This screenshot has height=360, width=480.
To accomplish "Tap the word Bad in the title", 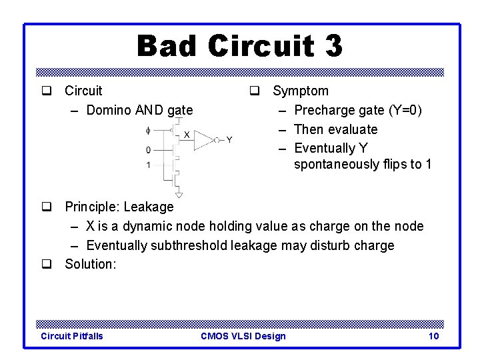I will (166, 46).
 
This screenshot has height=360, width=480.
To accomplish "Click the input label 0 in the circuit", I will (148, 149).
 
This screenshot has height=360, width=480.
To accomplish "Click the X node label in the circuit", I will (187, 134).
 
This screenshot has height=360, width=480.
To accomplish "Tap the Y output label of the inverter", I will (229, 139).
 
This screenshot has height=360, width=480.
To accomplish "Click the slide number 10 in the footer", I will (433, 336).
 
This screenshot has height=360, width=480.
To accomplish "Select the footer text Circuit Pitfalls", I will (72, 336).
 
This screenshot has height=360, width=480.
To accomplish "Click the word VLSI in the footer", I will (243, 336).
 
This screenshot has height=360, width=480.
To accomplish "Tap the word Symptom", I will (301, 91).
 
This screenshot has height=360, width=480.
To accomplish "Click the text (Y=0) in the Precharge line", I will (399, 110).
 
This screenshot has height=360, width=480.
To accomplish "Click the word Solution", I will (90, 264).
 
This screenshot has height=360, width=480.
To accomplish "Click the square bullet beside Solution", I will (47, 264).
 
